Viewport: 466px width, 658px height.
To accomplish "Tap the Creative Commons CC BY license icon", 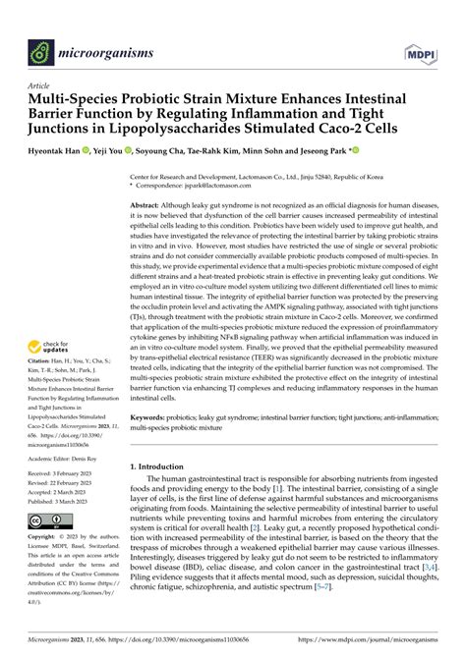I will click(x=50, y=520).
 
